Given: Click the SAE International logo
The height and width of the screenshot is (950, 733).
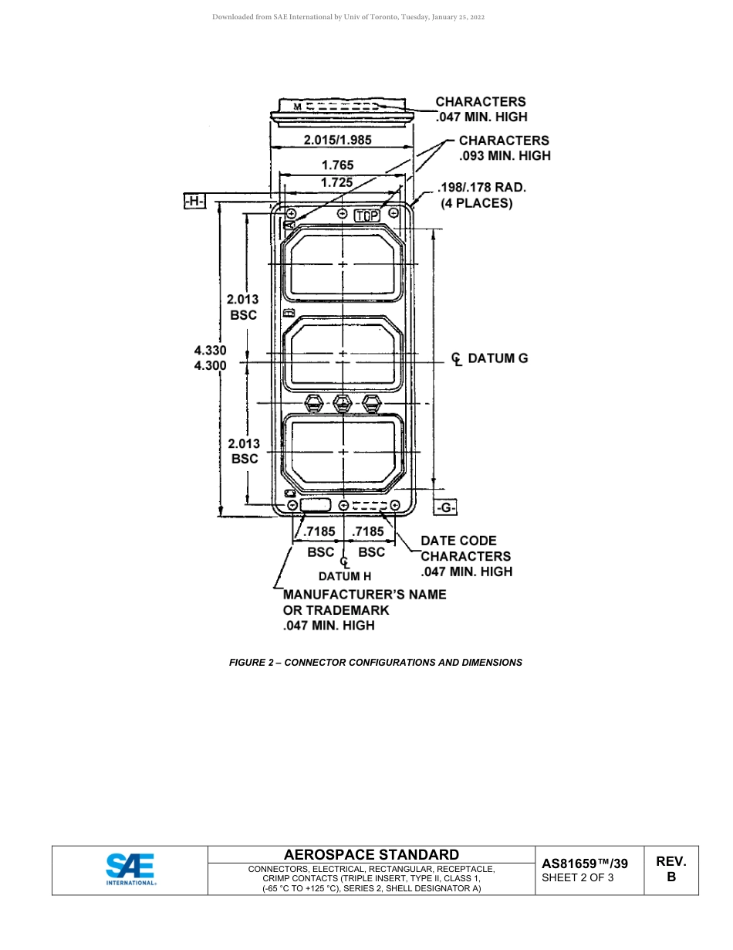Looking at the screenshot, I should pyautogui.click(x=130, y=870).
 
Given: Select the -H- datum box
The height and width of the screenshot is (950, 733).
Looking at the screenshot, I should pyautogui.click(x=194, y=202).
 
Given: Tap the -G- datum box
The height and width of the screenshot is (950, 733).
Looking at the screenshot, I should pyautogui.click(x=445, y=507).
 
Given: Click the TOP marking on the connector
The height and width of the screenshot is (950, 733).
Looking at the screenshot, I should pyautogui.click(x=367, y=215).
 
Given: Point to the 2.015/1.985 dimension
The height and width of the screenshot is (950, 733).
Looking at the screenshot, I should pyautogui.click(x=337, y=140).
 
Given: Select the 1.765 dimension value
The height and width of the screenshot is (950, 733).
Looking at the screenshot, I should pyautogui.click(x=337, y=165).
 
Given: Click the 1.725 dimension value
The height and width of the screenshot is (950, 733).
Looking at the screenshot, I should pyautogui.click(x=336, y=182).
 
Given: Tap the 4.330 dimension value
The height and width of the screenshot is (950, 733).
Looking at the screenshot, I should pyautogui.click(x=210, y=350).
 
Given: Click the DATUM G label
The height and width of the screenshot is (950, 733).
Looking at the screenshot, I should pyautogui.click(x=498, y=358).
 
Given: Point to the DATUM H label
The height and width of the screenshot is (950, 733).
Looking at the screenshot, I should pyautogui.click(x=345, y=576).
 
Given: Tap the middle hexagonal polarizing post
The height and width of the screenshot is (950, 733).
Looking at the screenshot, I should pyautogui.click(x=343, y=402).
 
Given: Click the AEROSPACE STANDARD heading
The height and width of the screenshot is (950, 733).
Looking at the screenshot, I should pyautogui.click(x=371, y=854).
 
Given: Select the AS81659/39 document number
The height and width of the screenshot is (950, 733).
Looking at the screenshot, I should pyautogui.click(x=584, y=863).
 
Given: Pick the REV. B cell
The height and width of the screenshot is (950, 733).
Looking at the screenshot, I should pyautogui.click(x=671, y=869).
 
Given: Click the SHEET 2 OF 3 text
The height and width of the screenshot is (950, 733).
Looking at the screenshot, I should pyautogui.click(x=578, y=877).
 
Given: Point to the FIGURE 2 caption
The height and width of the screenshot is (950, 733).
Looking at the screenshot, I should pyautogui.click(x=375, y=662).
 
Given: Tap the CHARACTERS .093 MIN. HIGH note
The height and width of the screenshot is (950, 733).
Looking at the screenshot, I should pyautogui.click(x=505, y=148).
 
